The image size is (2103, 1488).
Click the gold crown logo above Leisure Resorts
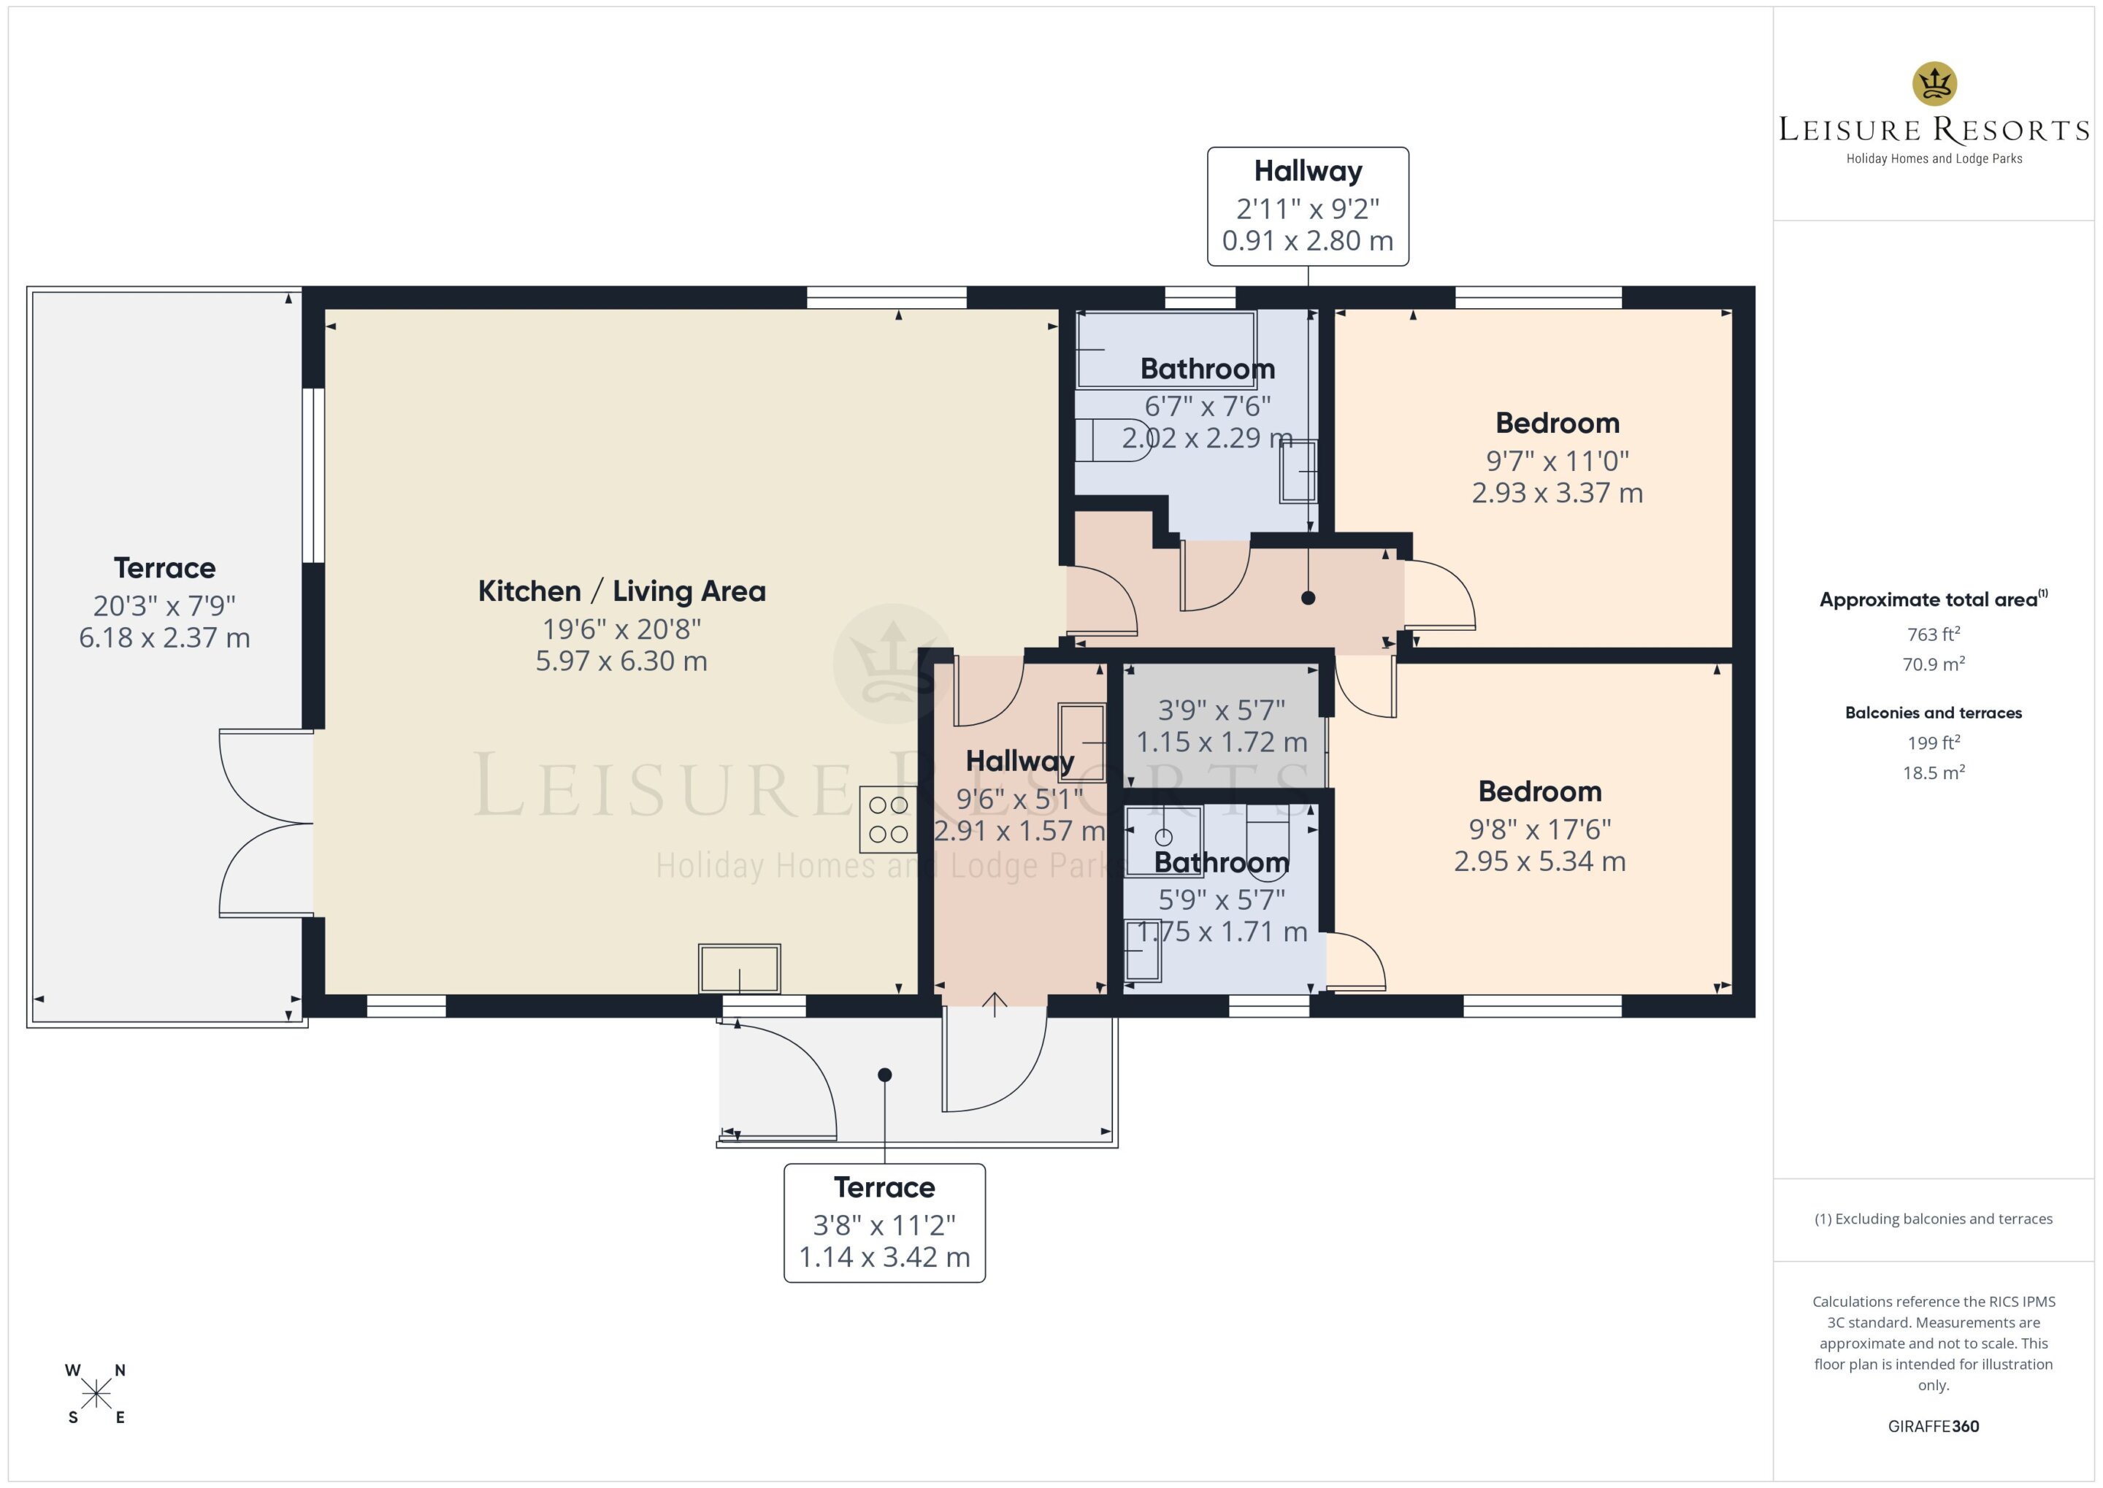coord(1934,84)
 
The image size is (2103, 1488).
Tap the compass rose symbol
coord(96,1394)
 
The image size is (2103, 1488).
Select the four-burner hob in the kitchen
coord(888,820)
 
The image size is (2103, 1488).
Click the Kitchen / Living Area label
coord(621,591)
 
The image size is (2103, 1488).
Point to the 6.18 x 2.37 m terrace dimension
coord(164,637)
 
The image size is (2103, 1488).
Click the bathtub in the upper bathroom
coord(1165,349)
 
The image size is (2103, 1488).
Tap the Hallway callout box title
coord(1308,172)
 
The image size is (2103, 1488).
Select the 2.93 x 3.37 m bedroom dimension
coord(1557,493)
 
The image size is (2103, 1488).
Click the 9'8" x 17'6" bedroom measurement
coord(1539,829)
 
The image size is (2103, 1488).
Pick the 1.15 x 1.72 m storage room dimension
coord(1222,742)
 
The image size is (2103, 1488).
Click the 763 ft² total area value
coord(1934,634)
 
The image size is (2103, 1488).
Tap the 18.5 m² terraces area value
coord(1934,772)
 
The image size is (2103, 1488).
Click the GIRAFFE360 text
coord(1934,1427)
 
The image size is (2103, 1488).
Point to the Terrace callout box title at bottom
coord(884,1187)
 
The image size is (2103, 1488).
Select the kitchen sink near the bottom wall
coord(740,968)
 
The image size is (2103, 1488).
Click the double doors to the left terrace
coord(266,823)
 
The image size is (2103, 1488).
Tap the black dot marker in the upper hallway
coord(1309,598)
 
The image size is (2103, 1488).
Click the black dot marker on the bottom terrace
coord(884,1075)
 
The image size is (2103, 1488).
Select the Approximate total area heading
coord(1934,600)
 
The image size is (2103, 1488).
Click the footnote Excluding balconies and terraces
coord(1934,1219)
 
